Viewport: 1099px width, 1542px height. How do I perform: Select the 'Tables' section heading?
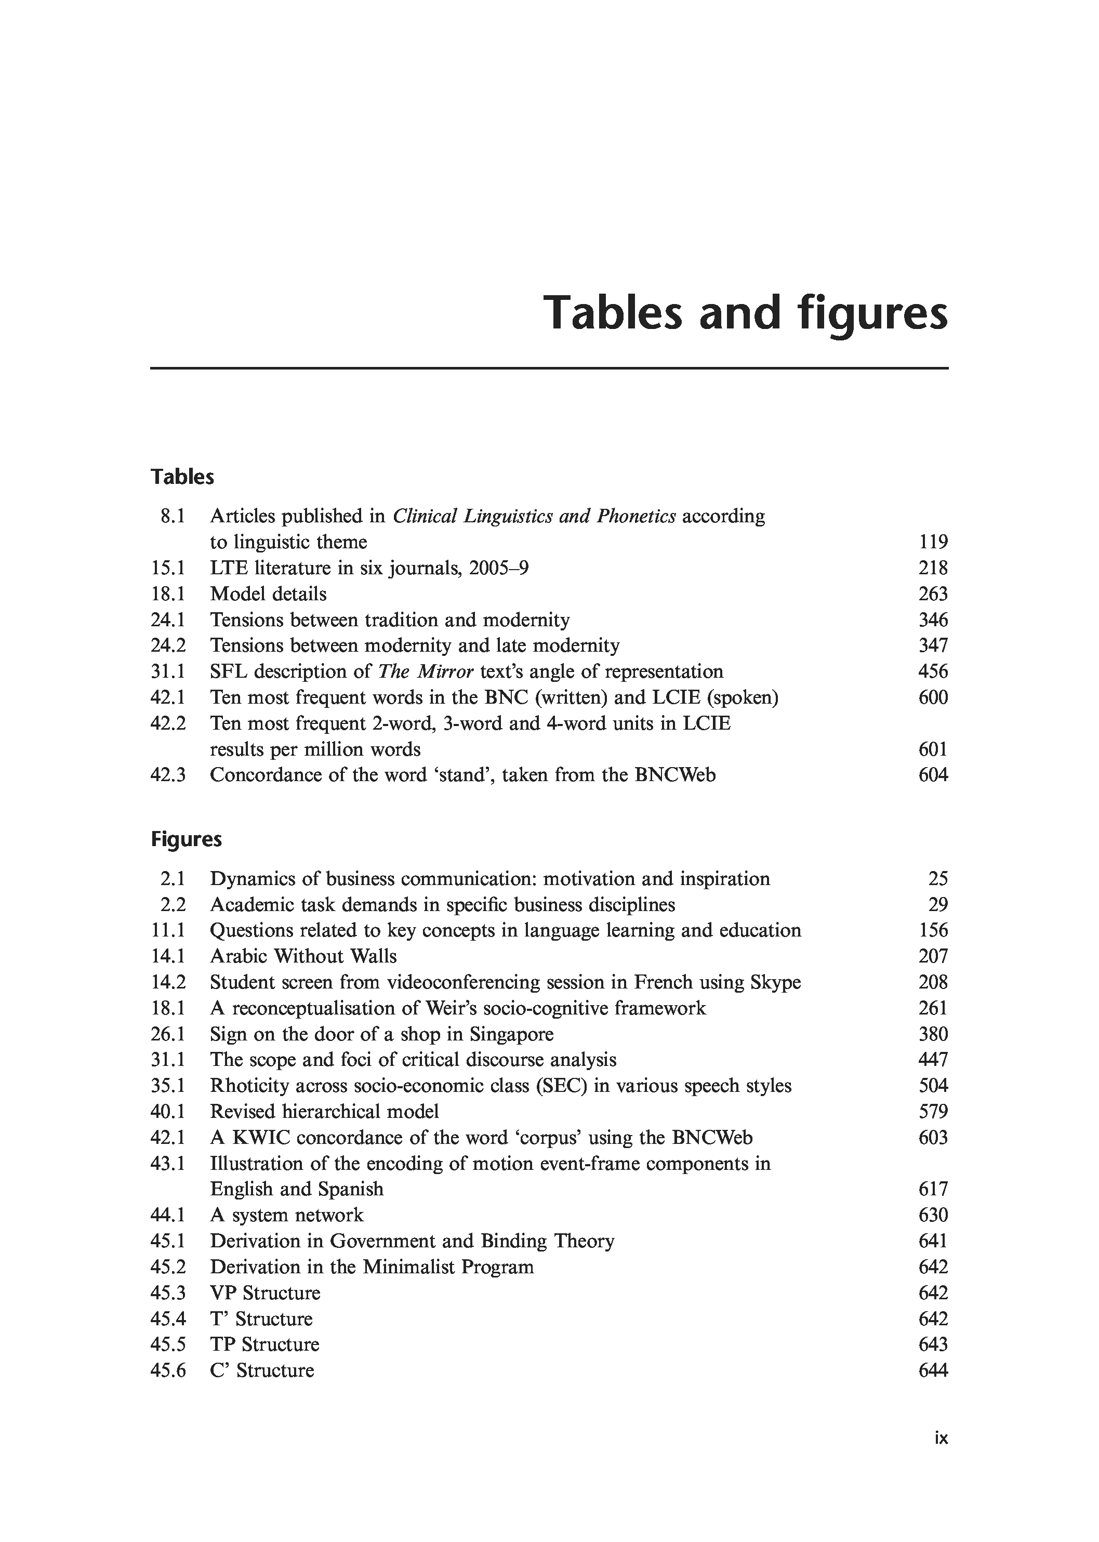182,477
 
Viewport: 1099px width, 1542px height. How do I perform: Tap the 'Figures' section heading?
186,839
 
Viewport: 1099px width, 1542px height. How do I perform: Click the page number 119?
933,542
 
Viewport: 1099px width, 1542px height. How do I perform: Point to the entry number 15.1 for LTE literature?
168,568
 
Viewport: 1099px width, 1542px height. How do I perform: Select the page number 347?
933,646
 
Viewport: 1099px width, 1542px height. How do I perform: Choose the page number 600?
933,697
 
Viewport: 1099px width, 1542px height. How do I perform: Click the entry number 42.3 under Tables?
168,775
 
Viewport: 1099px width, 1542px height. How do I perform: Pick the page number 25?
938,879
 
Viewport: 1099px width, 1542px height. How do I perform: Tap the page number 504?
933,1086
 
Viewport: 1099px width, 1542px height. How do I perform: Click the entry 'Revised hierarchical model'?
324,1112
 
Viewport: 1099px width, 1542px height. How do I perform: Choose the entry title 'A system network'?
286,1215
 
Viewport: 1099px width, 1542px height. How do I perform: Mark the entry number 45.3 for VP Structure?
168,1293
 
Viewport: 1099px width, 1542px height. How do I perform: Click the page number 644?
933,1370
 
